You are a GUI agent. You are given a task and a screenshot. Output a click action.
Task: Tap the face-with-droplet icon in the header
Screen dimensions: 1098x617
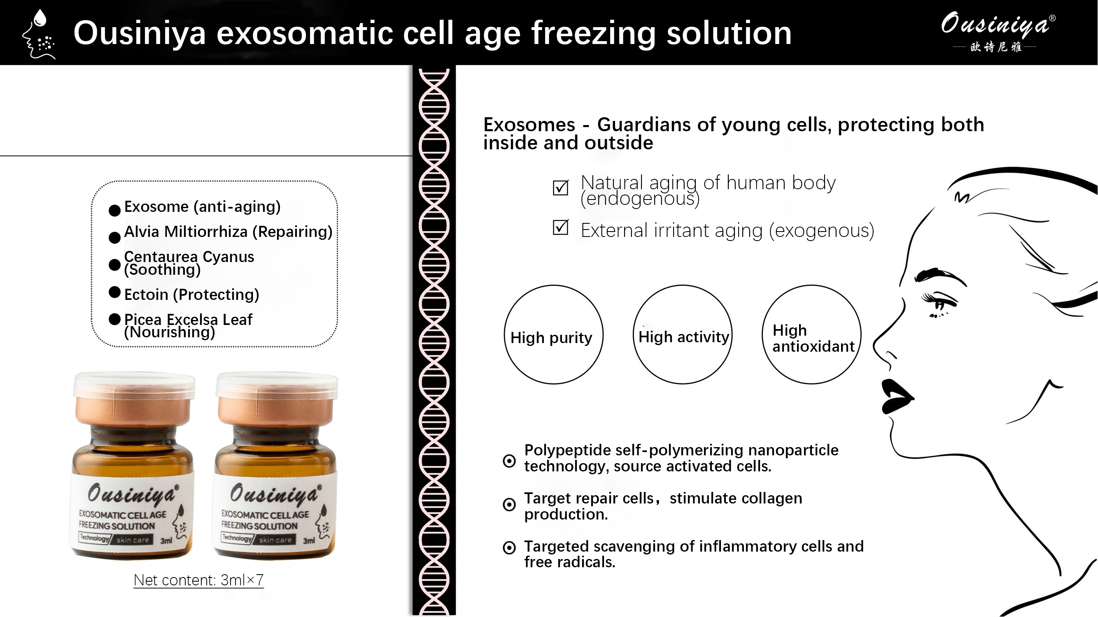point(39,34)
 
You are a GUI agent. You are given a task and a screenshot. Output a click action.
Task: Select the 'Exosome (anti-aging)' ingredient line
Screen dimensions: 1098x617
point(203,207)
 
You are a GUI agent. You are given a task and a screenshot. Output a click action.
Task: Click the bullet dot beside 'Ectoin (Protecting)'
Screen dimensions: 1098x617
point(114,292)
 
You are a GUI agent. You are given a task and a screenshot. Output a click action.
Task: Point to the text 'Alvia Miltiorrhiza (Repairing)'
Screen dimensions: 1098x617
point(228,232)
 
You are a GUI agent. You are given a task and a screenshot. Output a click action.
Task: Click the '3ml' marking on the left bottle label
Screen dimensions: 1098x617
point(166,541)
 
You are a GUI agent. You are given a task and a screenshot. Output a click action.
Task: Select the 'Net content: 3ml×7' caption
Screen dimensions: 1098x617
point(198,580)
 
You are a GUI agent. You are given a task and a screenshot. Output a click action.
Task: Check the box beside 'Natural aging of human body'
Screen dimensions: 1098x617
point(560,187)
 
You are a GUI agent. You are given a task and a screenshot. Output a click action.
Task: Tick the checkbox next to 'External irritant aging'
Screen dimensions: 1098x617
point(560,227)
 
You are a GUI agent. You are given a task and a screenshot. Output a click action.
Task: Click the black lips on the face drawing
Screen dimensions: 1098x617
point(896,397)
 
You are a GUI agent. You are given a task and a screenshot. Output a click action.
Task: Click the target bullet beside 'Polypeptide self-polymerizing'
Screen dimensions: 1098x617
point(509,461)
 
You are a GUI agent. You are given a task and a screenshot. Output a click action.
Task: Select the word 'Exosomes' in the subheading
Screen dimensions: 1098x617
point(529,125)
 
